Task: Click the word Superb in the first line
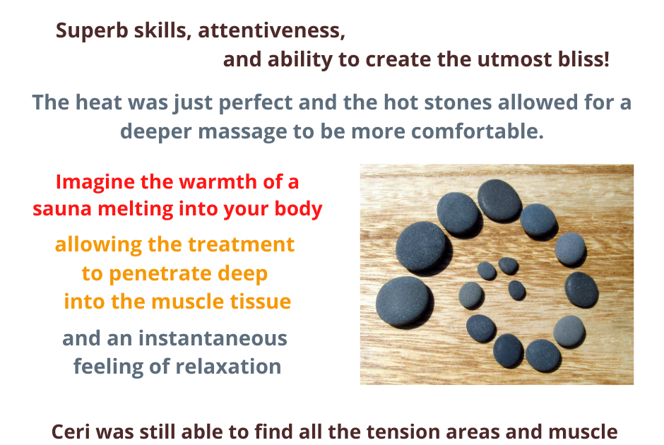92,31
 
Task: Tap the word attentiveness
271,30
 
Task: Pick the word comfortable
478,131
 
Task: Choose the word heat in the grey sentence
98,102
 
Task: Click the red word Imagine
95,183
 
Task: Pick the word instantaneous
213,338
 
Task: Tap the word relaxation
228,367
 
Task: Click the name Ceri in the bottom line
71,432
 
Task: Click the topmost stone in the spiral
499,200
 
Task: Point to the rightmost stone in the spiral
581,290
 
